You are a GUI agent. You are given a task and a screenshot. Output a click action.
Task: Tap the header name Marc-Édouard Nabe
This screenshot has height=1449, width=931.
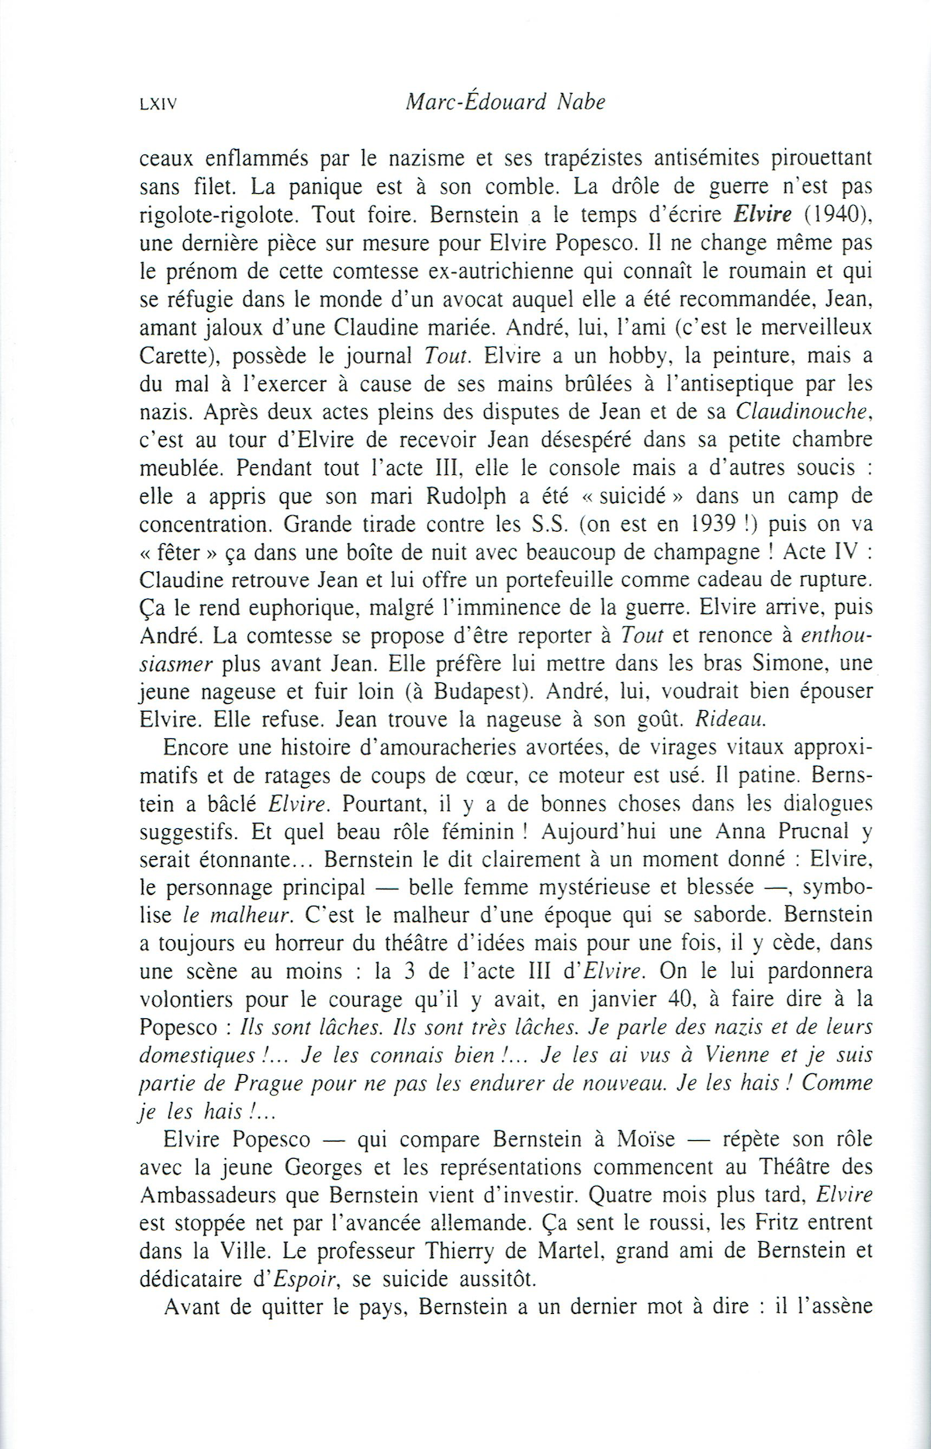505,102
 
